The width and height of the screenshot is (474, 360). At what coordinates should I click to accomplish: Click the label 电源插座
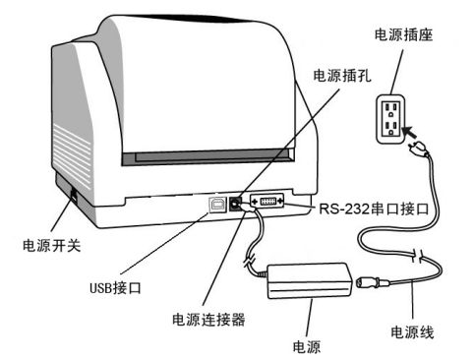(x=403, y=35)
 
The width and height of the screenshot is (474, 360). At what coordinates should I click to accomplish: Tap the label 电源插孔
(x=342, y=76)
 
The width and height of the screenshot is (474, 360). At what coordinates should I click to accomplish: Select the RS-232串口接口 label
(x=374, y=209)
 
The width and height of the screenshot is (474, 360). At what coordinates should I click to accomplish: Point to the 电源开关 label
(x=51, y=245)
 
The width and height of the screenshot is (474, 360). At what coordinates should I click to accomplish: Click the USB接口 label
(x=115, y=288)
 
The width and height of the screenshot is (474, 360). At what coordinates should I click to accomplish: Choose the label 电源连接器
(x=208, y=320)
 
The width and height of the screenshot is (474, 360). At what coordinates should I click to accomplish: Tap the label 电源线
(x=412, y=332)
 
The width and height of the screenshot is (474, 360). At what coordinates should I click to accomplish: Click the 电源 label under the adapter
(x=307, y=347)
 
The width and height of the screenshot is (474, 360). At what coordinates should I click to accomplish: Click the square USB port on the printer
(x=217, y=205)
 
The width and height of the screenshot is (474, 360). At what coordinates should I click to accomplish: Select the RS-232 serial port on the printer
(x=267, y=201)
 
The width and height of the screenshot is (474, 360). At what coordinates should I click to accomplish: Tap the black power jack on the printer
(x=235, y=205)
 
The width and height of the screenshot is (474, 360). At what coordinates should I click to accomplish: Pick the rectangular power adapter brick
(x=310, y=280)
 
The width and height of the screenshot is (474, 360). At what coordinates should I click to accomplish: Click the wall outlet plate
(x=391, y=119)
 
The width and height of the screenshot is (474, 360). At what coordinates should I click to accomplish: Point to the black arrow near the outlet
(x=410, y=132)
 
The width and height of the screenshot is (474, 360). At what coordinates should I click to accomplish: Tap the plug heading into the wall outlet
(x=418, y=150)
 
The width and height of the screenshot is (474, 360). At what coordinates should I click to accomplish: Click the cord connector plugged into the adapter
(x=373, y=282)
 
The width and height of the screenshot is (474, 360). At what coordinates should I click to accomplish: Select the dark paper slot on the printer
(x=207, y=157)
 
